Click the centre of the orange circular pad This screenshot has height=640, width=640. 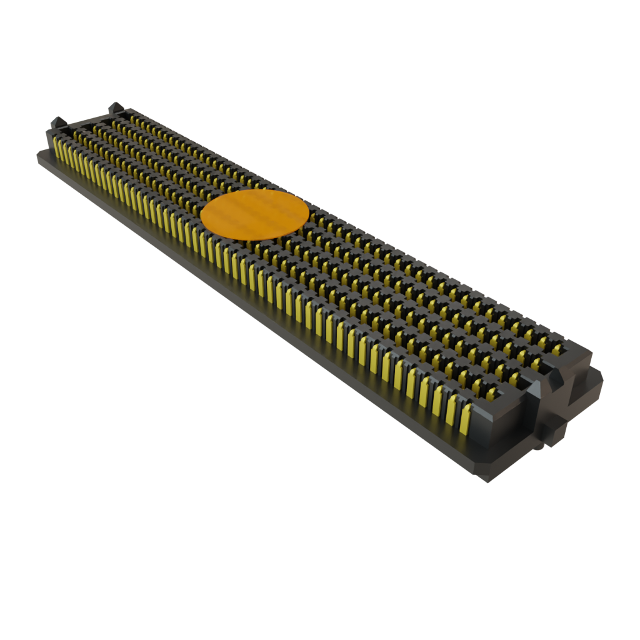coord(254,215)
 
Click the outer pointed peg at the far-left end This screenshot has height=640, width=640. coord(56,121)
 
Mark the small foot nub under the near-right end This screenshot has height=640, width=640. coord(539,446)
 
